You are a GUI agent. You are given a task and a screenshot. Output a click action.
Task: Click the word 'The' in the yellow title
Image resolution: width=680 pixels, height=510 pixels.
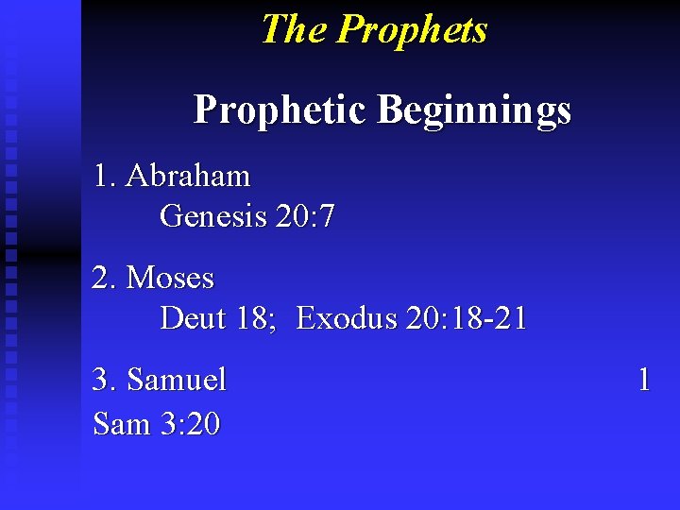(294, 29)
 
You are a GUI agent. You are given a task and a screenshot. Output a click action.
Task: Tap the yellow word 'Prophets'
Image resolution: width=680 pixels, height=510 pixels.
(412, 29)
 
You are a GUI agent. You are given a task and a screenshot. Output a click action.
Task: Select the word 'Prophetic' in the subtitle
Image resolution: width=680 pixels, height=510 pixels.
(280, 110)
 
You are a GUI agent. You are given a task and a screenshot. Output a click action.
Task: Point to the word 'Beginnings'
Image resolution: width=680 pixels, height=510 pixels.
(474, 110)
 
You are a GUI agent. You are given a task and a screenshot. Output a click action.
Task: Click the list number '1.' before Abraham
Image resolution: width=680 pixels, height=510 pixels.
(105, 176)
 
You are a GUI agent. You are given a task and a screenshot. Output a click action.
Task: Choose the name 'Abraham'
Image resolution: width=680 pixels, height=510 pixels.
(188, 176)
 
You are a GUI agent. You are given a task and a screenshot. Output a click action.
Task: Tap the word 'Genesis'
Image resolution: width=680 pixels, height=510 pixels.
(213, 216)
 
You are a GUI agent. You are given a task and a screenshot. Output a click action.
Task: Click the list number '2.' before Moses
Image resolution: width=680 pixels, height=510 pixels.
(105, 278)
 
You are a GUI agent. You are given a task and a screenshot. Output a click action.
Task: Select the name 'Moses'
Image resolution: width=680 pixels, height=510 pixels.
(170, 278)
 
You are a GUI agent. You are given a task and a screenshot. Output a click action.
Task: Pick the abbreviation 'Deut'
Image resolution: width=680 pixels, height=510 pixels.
(194, 318)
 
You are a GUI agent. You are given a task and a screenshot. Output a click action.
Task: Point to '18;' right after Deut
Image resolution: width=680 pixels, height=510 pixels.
(256, 318)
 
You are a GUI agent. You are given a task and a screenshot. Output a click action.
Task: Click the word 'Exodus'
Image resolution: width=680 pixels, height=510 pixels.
(346, 318)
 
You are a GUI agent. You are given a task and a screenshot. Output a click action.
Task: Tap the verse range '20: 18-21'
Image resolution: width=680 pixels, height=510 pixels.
(466, 318)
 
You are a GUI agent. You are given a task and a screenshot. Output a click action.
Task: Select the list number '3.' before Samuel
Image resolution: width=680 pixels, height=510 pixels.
(105, 380)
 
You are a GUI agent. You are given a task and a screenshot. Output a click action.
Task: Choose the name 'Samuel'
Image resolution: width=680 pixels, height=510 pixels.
(177, 380)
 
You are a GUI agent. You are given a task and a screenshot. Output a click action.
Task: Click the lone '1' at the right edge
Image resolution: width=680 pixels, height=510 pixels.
(644, 380)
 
